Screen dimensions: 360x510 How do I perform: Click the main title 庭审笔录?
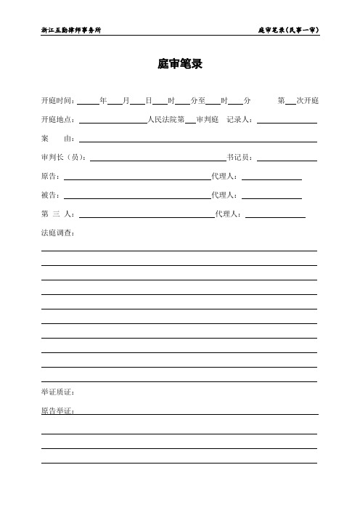click(x=179, y=65)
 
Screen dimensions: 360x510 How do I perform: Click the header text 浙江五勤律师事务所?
click(x=70, y=31)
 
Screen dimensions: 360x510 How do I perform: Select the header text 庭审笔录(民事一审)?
click(x=288, y=31)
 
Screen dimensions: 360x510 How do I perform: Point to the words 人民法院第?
click(x=165, y=119)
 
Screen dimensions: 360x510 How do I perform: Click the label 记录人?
click(x=241, y=119)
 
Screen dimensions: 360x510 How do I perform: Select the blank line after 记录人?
click(x=287, y=121)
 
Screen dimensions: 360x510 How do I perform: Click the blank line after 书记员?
click(x=287, y=159)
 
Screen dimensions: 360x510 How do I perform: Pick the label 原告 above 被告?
click(x=52, y=176)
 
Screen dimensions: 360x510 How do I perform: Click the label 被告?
click(x=52, y=195)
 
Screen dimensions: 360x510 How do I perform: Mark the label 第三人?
click(x=58, y=214)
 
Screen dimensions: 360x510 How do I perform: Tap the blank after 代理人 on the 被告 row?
click(x=272, y=196)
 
